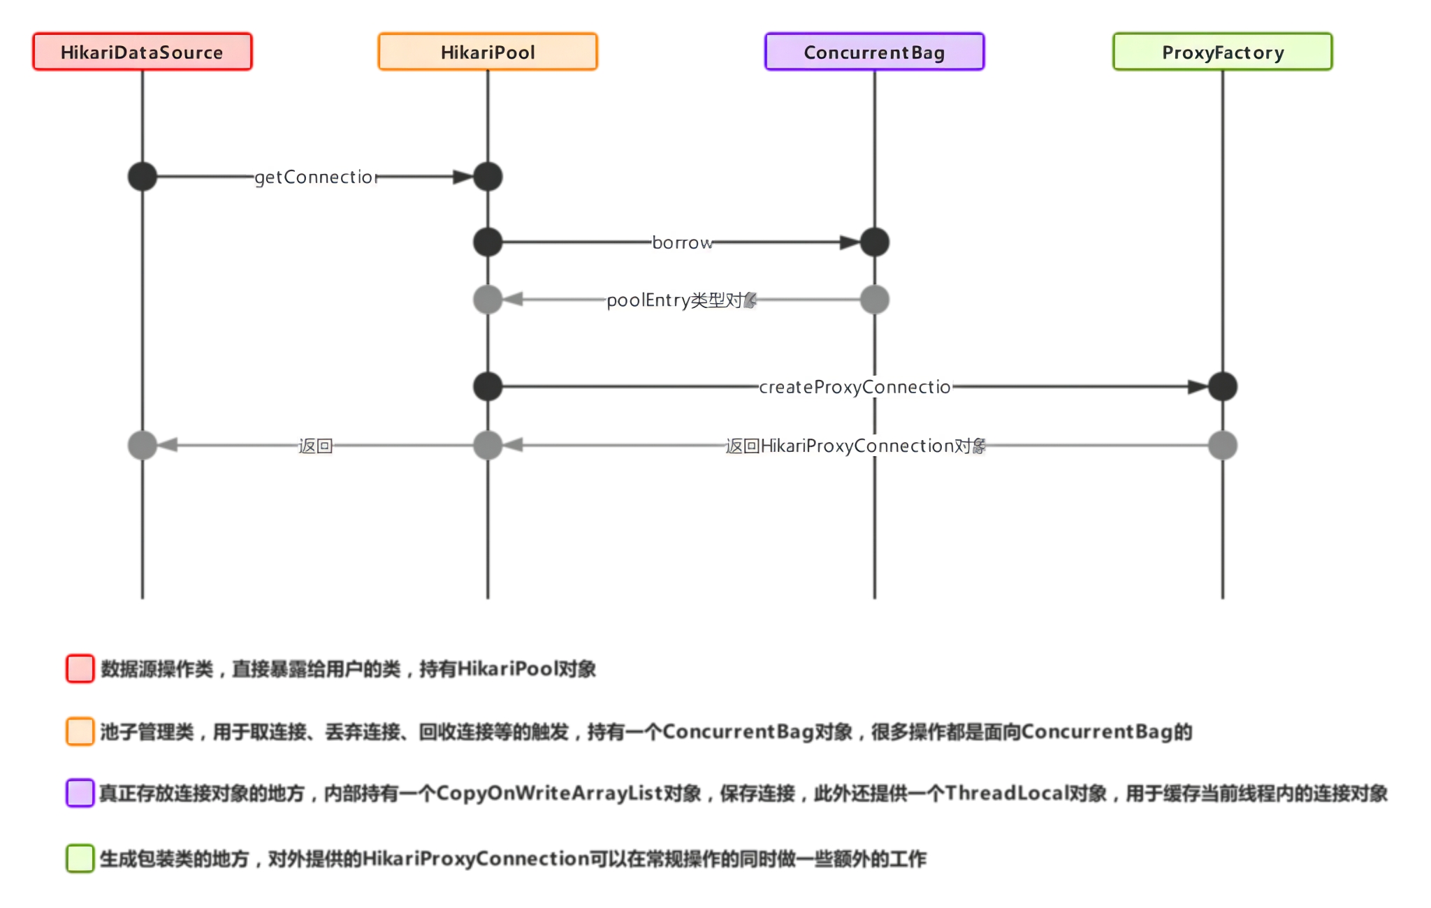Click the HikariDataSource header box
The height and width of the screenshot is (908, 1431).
[x=142, y=52]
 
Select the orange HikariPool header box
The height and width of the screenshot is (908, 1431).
[x=488, y=52]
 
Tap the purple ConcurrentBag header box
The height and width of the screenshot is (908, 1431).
[x=874, y=52]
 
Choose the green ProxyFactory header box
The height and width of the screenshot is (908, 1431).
[x=1222, y=52]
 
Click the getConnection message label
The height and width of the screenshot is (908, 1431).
[x=316, y=177]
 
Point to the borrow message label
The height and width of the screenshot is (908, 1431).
[x=682, y=243]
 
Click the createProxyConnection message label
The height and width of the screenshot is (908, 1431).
[x=855, y=387]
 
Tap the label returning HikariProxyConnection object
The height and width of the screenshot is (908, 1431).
[x=855, y=446]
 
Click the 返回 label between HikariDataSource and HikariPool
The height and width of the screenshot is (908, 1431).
[x=315, y=446]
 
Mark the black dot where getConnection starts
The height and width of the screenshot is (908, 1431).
[x=143, y=177]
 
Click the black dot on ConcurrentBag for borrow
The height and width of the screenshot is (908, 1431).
[x=874, y=242]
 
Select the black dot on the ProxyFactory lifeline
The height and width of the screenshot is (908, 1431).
[x=1222, y=386]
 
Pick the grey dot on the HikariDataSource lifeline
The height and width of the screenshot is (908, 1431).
[x=143, y=445]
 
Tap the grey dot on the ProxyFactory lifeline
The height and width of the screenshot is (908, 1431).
[x=1222, y=445]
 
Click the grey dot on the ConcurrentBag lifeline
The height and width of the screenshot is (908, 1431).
[x=874, y=300]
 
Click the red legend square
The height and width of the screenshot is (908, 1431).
[x=80, y=668]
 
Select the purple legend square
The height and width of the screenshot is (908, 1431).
[x=80, y=793]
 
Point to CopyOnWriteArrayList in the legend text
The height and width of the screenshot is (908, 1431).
[x=549, y=793]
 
